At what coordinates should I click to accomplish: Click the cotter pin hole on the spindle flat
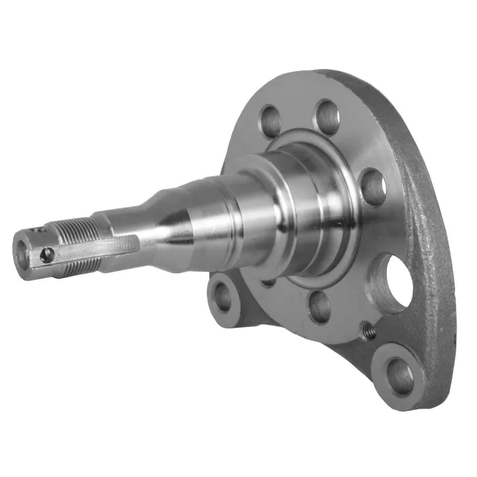(46, 255)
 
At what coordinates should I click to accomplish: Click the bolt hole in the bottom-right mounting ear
(399, 373)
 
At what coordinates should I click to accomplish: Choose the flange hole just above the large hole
(373, 187)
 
